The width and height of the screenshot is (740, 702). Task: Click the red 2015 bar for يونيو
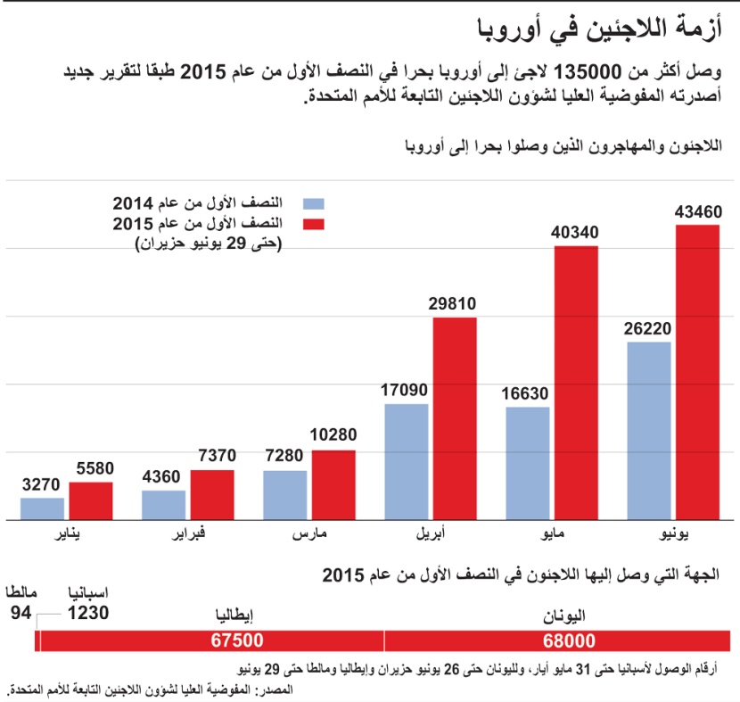coord(697,372)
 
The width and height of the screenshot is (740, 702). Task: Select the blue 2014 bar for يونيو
coord(648,430)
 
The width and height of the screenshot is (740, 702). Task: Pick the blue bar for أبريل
coord(407,461)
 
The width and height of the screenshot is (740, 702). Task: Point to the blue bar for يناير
coord(42,508)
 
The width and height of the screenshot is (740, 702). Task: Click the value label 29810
coord(455,304)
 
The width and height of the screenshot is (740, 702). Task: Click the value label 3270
coord(42,485)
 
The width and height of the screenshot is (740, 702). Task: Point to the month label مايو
coord(552,535)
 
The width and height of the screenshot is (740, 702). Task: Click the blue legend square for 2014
coord(310,203)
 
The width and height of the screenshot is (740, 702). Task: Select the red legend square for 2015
coord(310,222)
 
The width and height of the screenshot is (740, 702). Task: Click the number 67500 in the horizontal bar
coord(237,641)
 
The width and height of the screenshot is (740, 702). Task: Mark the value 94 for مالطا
coord(21,613)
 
